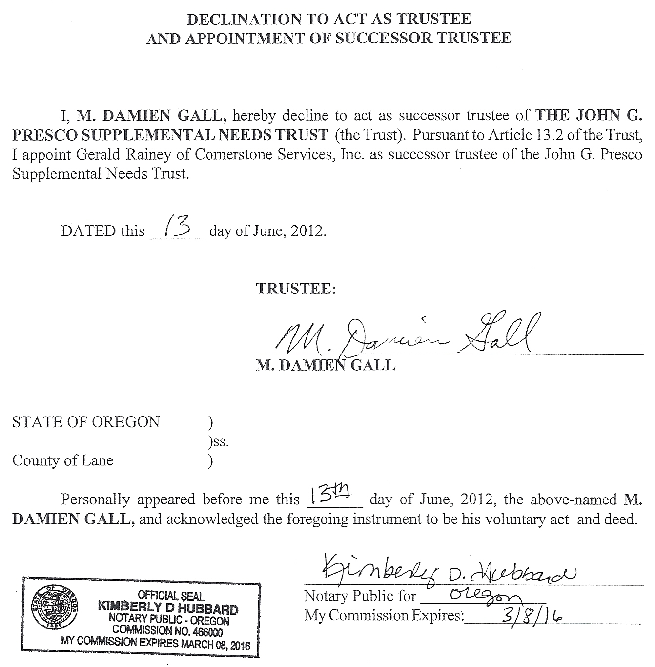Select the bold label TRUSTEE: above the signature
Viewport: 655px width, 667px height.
click(x=296, y=289)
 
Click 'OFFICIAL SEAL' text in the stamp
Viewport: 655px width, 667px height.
click(x=171, y=596)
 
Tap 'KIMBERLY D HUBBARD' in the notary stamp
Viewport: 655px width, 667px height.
click(x=168, y=608)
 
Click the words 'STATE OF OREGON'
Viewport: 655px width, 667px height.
click(x=86, y=422)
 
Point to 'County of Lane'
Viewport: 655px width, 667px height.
click(x=62, y=460)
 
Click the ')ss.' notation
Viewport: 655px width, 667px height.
click(x=217, y=442)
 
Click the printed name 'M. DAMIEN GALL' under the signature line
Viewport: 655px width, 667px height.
click(x=326, y=365)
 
